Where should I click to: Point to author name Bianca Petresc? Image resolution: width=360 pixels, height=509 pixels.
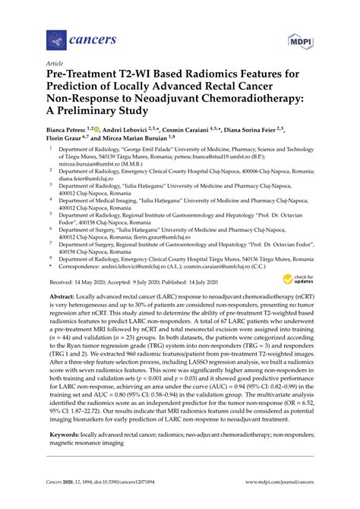point(70,130)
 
